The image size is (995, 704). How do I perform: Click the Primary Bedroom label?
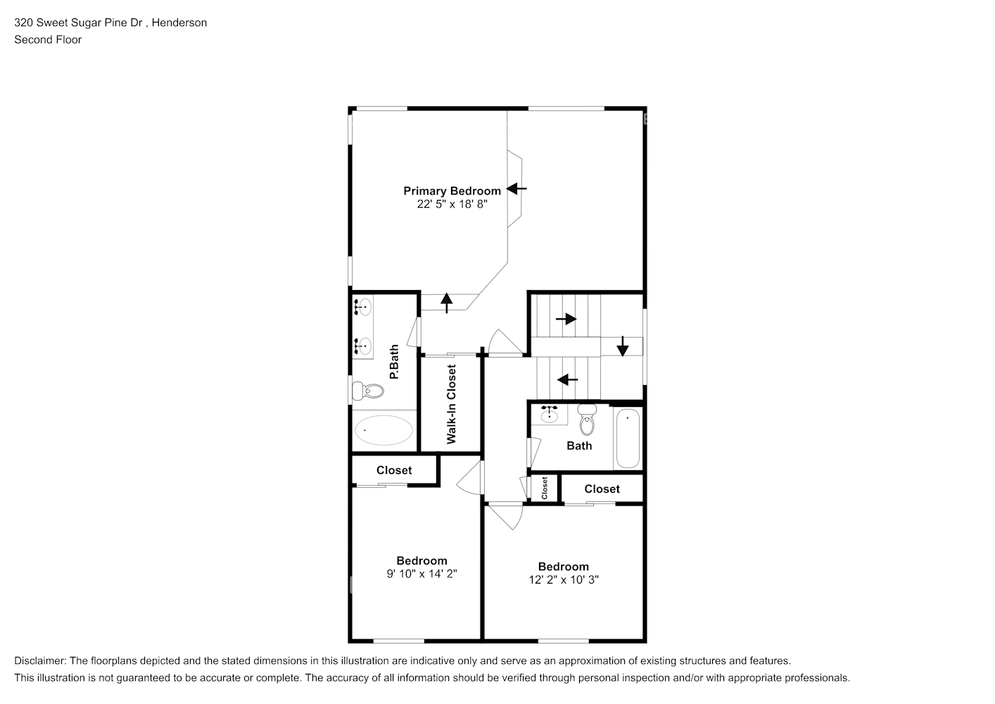pos(452,191)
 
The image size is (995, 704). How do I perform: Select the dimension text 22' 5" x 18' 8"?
pos(452,204)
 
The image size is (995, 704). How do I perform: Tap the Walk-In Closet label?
pos(452,404)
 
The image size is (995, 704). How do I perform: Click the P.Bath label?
pos(394,362)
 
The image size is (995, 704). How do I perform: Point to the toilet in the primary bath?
pos(369,391)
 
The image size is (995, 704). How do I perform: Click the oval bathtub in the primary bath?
pos(384,429)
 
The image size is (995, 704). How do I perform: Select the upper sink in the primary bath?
pos(363,307)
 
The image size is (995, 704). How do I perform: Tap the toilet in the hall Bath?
pos(587,420)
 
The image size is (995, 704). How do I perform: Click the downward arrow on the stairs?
pos(623,346)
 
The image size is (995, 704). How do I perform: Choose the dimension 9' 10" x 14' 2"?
pos(422,574)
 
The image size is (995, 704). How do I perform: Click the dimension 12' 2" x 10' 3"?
pos(564,580)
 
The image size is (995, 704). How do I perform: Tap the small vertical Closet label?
pos(545,488)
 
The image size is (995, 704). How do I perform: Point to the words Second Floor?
pos(48,39)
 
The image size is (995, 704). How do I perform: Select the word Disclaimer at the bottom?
pos(40,661)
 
